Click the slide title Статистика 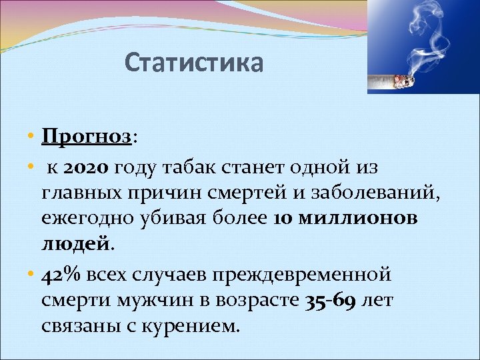click(194, 63)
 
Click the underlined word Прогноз click(86, 137)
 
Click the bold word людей click(75, 245)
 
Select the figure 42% click(59, 275)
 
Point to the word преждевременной click(321, 275)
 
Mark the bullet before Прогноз click(31, 137)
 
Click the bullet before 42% click(31, 275)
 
